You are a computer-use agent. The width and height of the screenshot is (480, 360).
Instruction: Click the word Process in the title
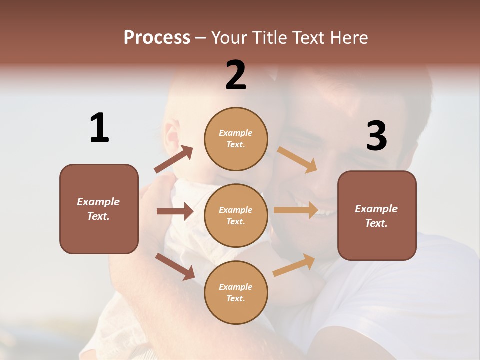[x=157, y=37]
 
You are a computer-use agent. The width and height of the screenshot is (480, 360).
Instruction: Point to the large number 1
[x=99, y=128]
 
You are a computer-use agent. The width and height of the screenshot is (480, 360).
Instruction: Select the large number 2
[x=236, y=75]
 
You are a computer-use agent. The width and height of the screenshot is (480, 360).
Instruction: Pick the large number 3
[x=377, y=136]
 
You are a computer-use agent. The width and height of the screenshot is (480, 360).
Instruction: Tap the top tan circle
[x=236, y=138]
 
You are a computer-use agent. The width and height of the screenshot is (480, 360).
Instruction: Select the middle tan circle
[x=236, y=215]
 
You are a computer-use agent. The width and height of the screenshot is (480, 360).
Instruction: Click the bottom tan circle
[x=236, y=292]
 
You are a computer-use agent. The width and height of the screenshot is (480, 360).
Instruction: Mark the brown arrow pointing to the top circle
[x=173, y=159]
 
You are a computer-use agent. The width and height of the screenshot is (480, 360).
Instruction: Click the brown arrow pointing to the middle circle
[x=175, y=211]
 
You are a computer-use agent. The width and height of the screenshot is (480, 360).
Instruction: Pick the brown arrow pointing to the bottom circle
[x=175, y=266]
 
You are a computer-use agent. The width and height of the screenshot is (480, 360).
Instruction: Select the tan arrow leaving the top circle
[x=297, y=159]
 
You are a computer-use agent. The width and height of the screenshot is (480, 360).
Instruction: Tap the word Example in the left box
[x=98, y=202]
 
